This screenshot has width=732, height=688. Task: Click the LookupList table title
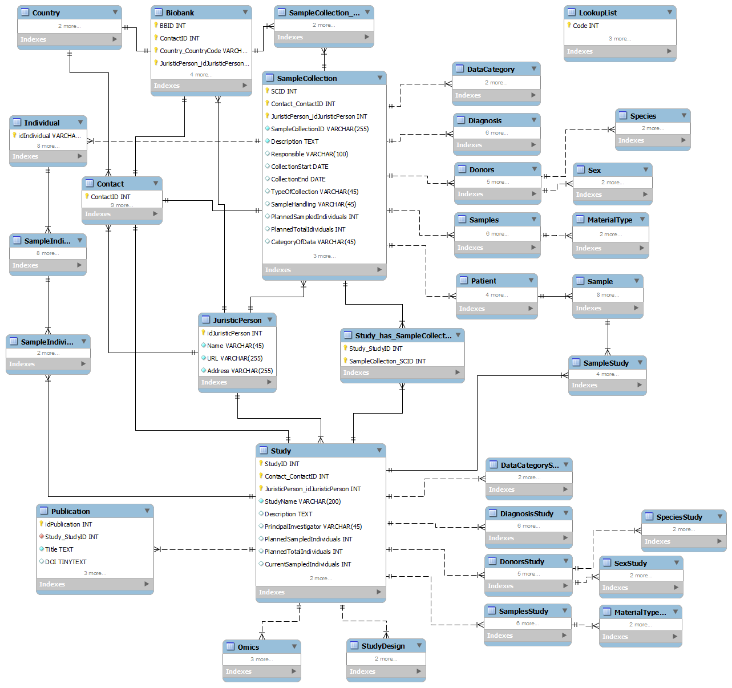[x=597, y=13]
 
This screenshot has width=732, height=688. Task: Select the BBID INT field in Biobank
[x=172, y=26]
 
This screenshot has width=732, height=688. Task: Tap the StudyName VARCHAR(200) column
[x=302, y=501]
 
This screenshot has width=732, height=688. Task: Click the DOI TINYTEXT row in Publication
[x=66, y=562]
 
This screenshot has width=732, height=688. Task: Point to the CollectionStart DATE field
[x=300, y=167]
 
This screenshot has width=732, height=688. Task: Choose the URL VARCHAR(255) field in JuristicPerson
[x=234, y=358]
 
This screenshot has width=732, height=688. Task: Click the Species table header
[x=643, y=116]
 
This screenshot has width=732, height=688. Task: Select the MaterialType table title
[x=609, y=220]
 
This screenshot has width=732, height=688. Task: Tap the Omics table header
[x=248, y=647]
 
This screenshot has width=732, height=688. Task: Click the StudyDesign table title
[x=383, y=646]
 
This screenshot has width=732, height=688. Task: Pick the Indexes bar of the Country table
[x=69, y=39]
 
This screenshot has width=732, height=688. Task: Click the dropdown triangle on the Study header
[x=379, y=451]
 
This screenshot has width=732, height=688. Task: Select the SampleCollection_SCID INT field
[x=387, y=361]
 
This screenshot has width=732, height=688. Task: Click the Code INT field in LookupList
[x=585, y=26]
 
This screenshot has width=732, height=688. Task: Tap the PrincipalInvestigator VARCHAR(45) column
[x=313, y=527]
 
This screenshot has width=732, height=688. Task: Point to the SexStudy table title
[x=630, y=563]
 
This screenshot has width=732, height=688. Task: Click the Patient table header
[x=483, y=281]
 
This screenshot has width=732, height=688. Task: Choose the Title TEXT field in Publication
[x=59, y=549]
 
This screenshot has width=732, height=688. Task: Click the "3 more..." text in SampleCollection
[x=324, y=256]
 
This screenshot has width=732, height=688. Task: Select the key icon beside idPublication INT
[x=41, y=524]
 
